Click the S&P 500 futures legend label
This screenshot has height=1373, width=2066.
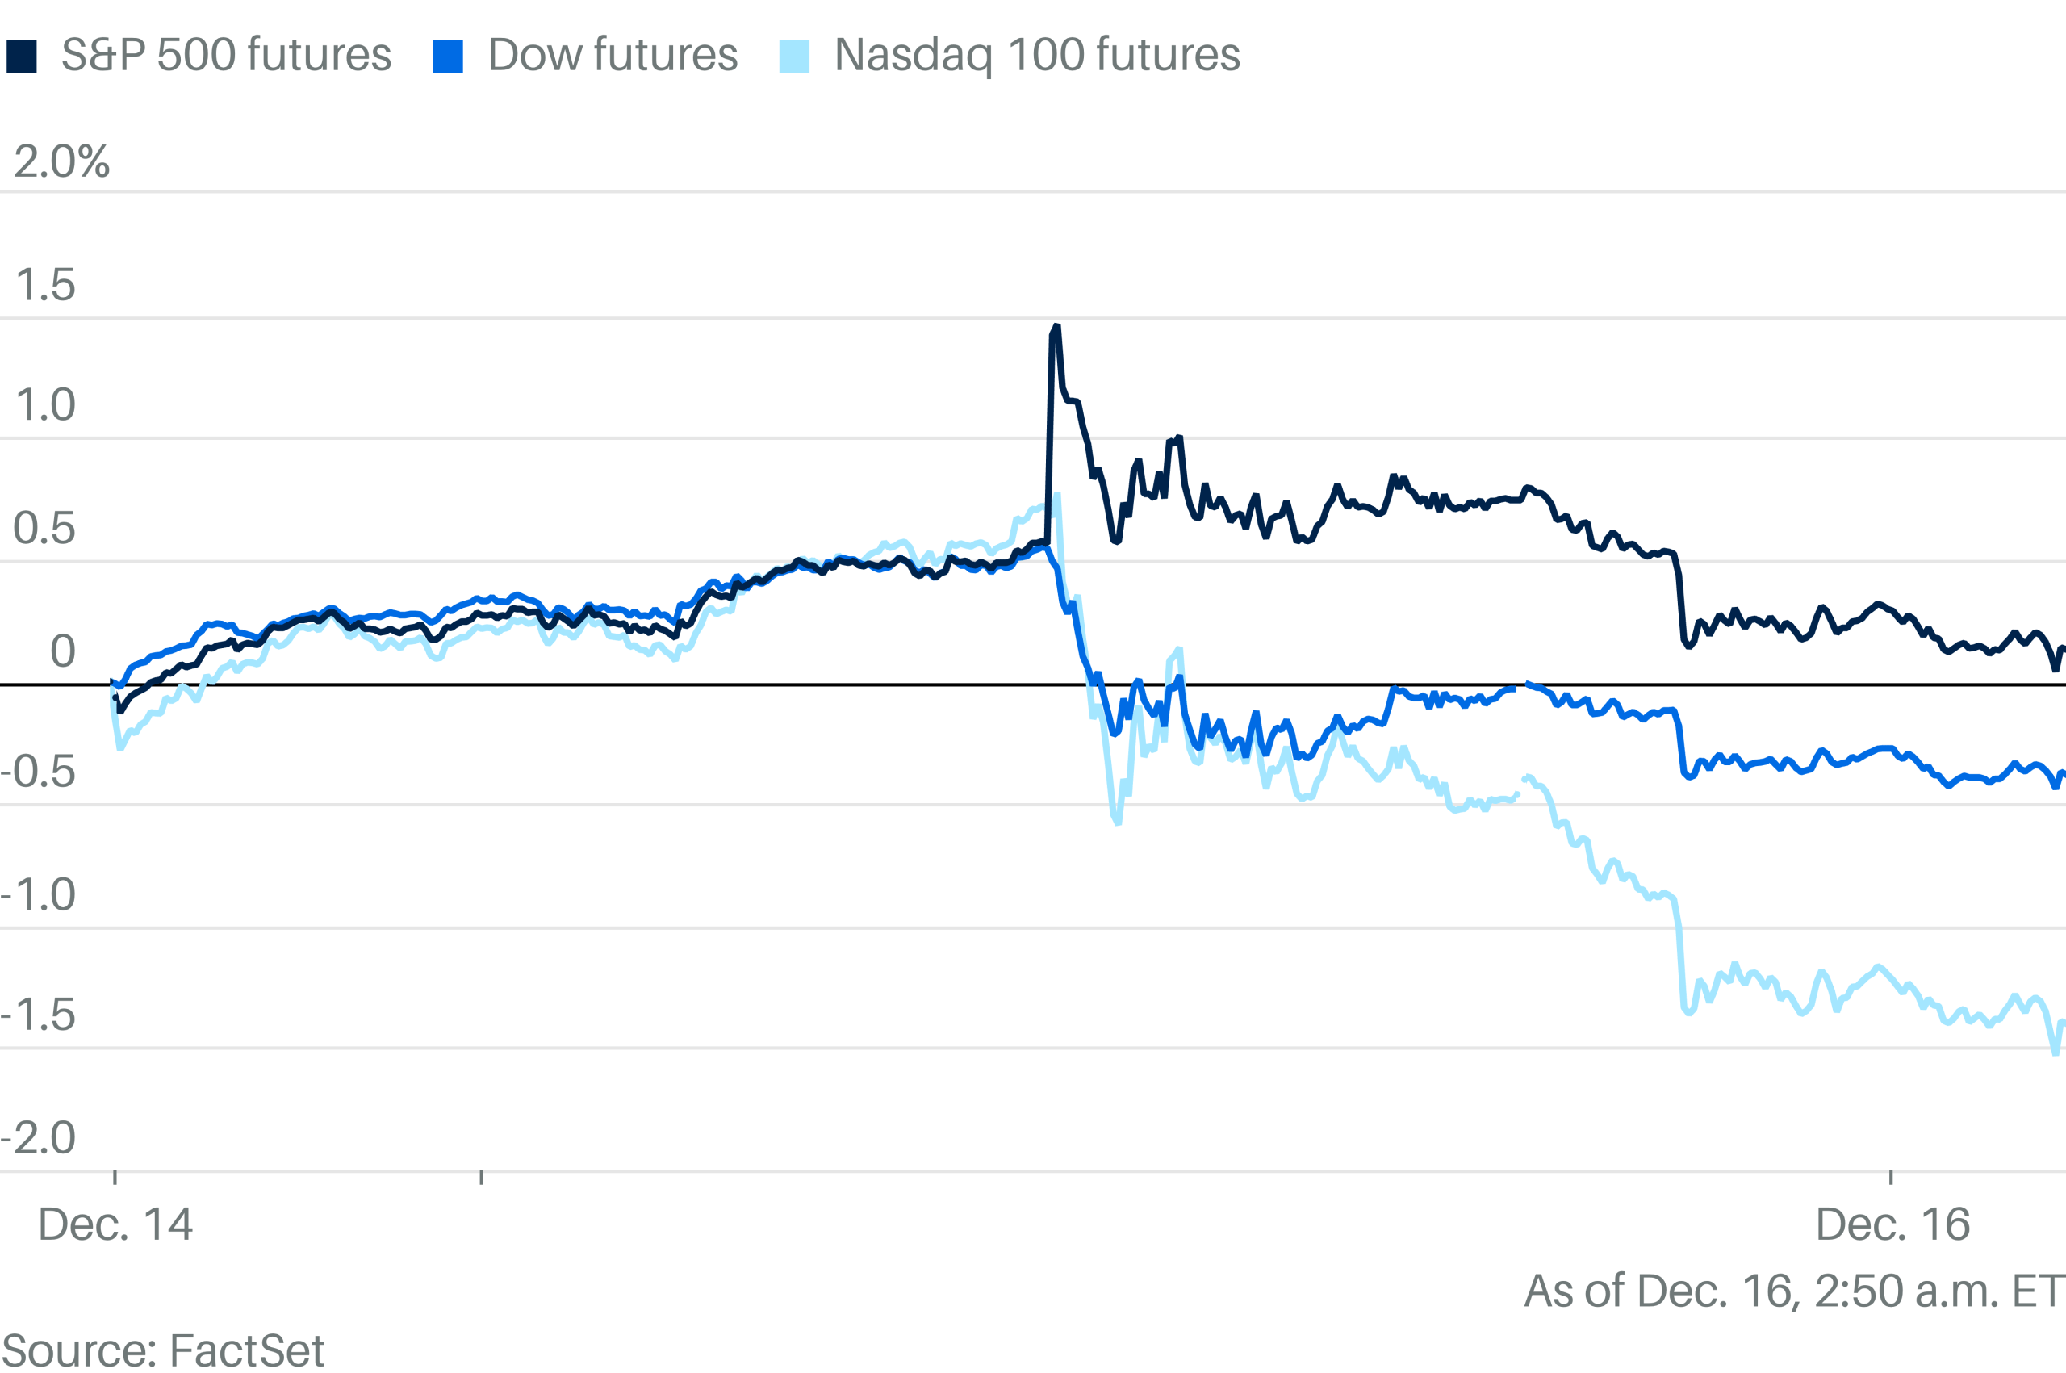(226, 55)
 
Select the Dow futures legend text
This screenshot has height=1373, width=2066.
(613, 55)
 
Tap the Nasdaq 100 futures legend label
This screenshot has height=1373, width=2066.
(1036, 55)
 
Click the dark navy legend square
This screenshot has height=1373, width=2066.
(22, 57)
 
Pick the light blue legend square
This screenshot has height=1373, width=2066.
(794, 57)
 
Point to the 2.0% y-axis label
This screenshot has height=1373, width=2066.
(62, 162)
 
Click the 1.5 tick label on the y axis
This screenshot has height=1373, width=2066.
(45, 286)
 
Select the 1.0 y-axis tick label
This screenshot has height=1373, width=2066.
(45, 405)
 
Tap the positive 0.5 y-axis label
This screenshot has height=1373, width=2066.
(44, 529)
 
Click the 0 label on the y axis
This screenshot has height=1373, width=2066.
(62, 651)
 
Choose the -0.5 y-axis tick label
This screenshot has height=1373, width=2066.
(39, 772)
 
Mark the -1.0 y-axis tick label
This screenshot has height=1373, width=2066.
(39, 895)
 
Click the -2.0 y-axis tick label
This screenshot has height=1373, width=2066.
(39, 1138)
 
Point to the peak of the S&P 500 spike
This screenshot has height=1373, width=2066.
(1056, 327)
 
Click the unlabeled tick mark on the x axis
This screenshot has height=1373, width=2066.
(482, 1176)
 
